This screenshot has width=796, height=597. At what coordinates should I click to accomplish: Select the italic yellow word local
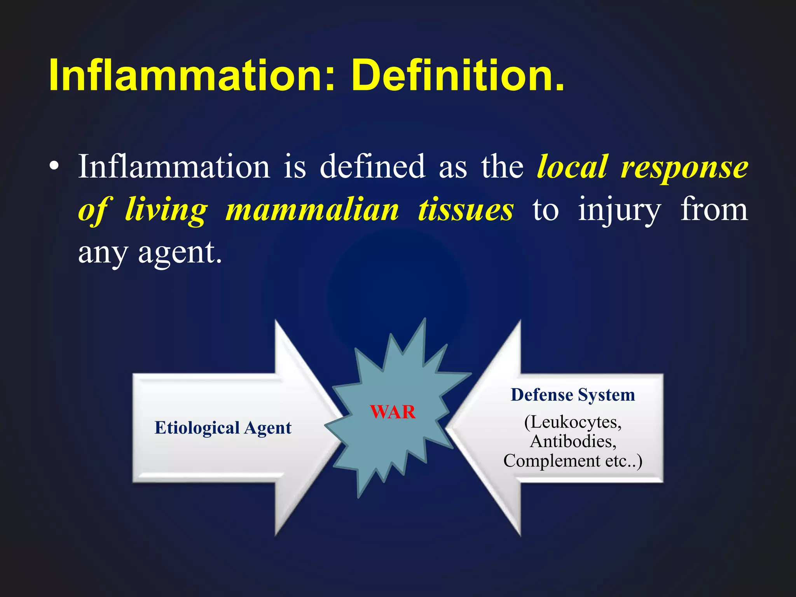(x=572, y=167)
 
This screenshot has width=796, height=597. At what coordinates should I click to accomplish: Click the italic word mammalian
(x=312, y=210)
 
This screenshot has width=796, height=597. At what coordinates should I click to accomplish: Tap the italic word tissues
(x=466, y=210)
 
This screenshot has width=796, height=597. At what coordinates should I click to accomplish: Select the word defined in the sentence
(x=372, y=167)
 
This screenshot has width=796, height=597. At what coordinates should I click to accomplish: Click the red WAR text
(x=393, y=412)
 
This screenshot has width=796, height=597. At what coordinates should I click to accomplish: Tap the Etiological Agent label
(x=223, y=428)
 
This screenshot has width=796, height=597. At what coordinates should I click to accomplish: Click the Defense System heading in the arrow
(x=573, y=395)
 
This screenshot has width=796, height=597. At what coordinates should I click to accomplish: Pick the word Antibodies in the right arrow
(x=573, y=442)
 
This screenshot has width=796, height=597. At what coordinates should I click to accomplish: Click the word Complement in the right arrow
(x=552, y=461)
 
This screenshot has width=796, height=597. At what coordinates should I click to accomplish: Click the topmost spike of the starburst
(x=425, y=319)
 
